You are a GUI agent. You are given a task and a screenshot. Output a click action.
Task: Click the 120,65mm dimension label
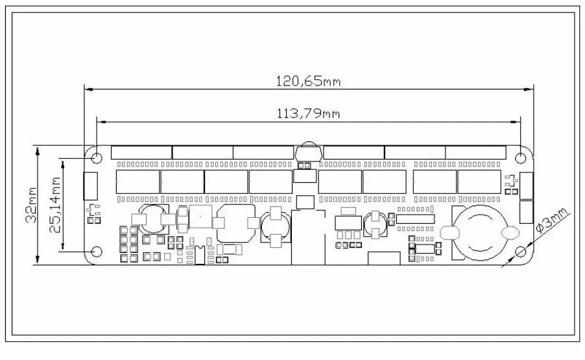click(x=308, y=80)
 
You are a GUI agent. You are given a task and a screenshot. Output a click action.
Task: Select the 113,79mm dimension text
click(x=308, y=113)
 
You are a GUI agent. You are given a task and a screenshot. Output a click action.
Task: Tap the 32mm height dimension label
click(x=30, y=205)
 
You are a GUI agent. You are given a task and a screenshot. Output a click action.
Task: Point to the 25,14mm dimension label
click(x=55, y=205)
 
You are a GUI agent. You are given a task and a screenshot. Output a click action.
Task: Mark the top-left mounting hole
click(x=97, y=158)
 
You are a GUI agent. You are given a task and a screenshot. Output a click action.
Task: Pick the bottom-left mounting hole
click(x=97, y=252)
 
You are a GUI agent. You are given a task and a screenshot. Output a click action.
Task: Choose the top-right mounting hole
click(x=520, y=158)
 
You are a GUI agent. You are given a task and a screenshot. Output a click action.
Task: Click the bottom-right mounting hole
click(x=520, y=252)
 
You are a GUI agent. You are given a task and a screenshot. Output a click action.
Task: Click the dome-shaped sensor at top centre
click(x=309, y=152)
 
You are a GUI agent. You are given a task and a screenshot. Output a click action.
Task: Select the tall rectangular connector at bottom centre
click(x=308, y=237)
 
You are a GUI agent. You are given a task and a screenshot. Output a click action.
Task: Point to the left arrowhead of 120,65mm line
click(x=89, y=90)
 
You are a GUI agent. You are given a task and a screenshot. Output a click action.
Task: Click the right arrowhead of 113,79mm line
click(x=516, y=122)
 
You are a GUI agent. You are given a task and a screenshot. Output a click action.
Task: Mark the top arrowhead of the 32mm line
click(x=38, y=150)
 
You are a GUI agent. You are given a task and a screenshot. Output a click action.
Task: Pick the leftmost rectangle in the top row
click(x=141, y=152)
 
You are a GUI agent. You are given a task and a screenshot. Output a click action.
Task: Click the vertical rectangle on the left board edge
click(x=90, y=186)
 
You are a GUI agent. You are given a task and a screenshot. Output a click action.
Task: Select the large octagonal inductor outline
click(x=236, y=224)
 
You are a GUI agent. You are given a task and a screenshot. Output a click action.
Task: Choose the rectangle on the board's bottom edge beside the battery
click(x=384, y=259)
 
